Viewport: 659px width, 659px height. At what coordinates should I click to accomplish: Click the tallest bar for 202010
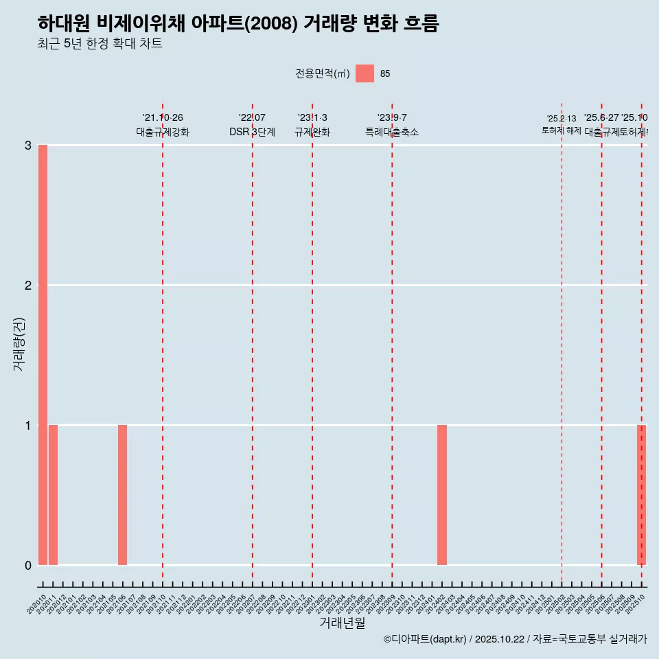point(43,354)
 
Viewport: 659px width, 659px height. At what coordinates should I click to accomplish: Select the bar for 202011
point(53,495)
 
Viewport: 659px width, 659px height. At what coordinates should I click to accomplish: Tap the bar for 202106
point(122,495)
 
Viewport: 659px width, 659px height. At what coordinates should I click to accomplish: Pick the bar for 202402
point(442,495)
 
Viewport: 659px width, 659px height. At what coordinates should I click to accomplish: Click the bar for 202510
point(641,495)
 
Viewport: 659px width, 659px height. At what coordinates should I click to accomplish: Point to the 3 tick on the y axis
point(28,146)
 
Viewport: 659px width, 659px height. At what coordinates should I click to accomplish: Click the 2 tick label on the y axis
point(28,286)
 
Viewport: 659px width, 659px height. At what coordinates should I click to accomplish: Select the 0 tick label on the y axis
point(28,566)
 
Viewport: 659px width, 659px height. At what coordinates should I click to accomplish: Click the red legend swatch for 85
point(365,73)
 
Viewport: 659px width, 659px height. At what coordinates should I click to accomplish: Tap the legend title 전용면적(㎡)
point(323,74)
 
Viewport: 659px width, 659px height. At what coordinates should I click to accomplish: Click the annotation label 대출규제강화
point(163,132)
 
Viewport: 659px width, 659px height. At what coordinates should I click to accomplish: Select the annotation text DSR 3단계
point(253,132)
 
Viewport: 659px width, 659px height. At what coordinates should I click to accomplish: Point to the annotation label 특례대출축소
point(392,132)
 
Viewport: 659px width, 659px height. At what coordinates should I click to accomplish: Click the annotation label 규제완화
point(312,132)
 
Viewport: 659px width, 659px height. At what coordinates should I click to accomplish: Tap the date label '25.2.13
point(562,119)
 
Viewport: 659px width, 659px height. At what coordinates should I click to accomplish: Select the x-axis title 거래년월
point(343,623)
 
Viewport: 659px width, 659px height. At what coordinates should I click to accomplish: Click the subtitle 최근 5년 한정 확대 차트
point(100,44)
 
